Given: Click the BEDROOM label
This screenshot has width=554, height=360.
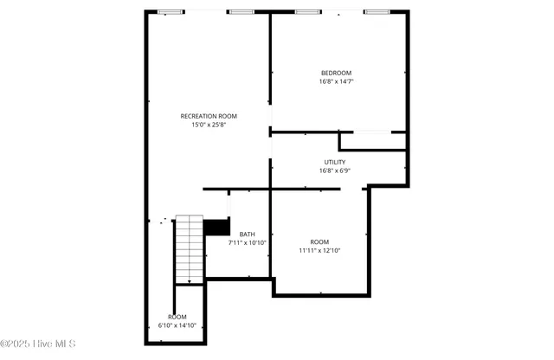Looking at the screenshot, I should [336, 73].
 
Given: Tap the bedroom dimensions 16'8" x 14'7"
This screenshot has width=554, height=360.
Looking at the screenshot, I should [336, 81].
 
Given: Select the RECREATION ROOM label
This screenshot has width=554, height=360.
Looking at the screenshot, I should [209, 116].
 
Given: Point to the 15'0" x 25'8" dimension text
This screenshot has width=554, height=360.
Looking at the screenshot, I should [209, 125].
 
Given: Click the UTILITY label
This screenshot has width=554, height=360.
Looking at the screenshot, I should [335, 162].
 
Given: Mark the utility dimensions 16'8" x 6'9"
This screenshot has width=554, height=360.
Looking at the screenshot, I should [335, 170].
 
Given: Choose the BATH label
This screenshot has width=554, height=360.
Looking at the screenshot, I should [248, 235].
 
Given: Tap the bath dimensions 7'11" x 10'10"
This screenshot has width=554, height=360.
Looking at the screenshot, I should [248, 243].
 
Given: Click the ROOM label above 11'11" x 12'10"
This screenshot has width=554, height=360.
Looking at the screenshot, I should [319, 241].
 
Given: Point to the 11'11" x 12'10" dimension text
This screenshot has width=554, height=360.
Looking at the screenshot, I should [319, 251].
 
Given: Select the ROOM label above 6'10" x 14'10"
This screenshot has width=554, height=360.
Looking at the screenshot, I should [177, 317].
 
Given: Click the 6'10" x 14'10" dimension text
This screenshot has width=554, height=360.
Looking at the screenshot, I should [177, 325].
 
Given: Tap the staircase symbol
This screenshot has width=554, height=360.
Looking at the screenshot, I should [189, 249].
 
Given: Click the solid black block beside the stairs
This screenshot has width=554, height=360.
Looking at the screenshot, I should [216, 228].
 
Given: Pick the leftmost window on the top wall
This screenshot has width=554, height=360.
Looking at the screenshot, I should [171, 12].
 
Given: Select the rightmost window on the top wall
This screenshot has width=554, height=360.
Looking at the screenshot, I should [377, 12].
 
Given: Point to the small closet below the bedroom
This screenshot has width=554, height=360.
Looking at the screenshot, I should [372, 141].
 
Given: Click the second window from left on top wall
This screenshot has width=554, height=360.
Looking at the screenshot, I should [242, 12].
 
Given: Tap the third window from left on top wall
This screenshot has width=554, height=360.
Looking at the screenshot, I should [307, 12].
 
